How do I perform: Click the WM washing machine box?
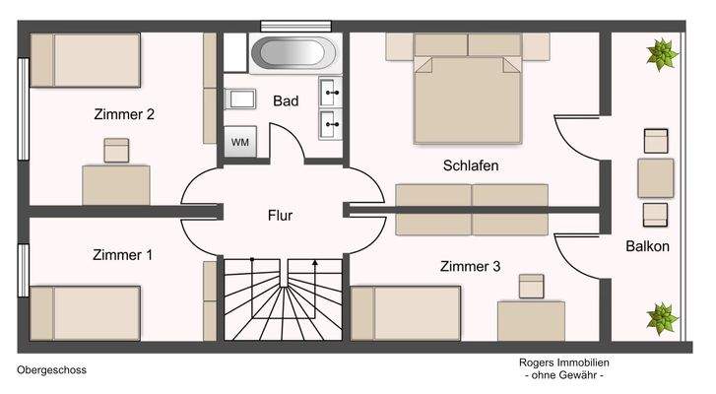pos(240,142)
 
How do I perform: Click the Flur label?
pos(281,215)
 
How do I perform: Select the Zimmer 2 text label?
pos(123,114)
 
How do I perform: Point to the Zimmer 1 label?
pos(122,255)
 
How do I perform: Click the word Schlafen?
pos(470,165)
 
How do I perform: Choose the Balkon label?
pos(647,246)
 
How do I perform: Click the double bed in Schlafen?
pos(466,94)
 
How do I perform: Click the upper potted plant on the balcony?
pos(662,51)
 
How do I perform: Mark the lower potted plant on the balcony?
pos(662,316)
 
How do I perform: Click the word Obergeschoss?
pos(52,370)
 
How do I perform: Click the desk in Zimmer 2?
pos(116,184)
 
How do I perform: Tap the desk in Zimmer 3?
pos(531,320)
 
